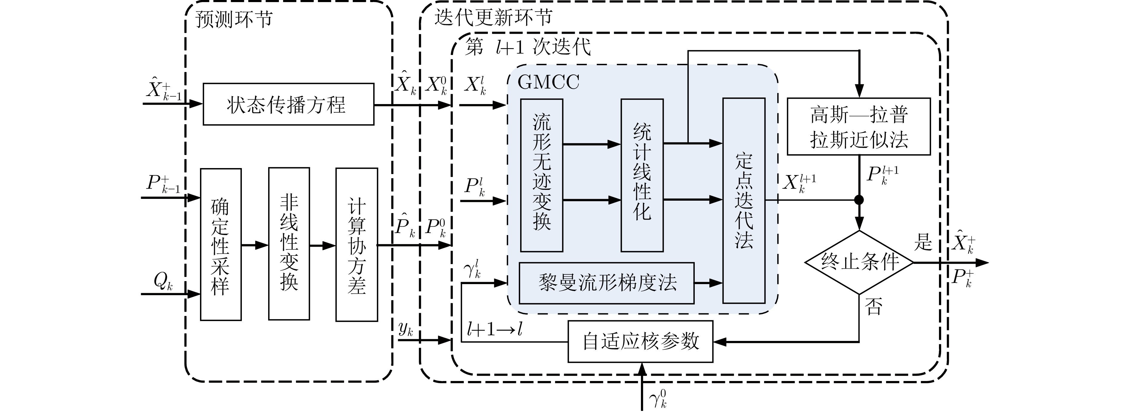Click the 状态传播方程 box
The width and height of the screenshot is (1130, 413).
tap(288, 104)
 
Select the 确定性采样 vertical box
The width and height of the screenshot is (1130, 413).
tap(221, 244)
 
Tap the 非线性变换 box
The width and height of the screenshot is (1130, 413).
tap(289, 244)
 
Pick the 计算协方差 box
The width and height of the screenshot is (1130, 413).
tap(357, 244)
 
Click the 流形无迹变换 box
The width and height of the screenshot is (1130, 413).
tap(542, 175)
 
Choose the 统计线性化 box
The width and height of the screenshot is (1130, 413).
tap(642, 175)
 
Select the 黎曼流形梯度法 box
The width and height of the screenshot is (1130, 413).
tap(607, 283)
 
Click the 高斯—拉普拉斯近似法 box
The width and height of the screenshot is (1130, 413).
tap(859, 127)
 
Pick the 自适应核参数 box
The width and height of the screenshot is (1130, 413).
tap(640, 342)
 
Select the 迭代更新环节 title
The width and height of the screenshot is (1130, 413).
tap(493, 18)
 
